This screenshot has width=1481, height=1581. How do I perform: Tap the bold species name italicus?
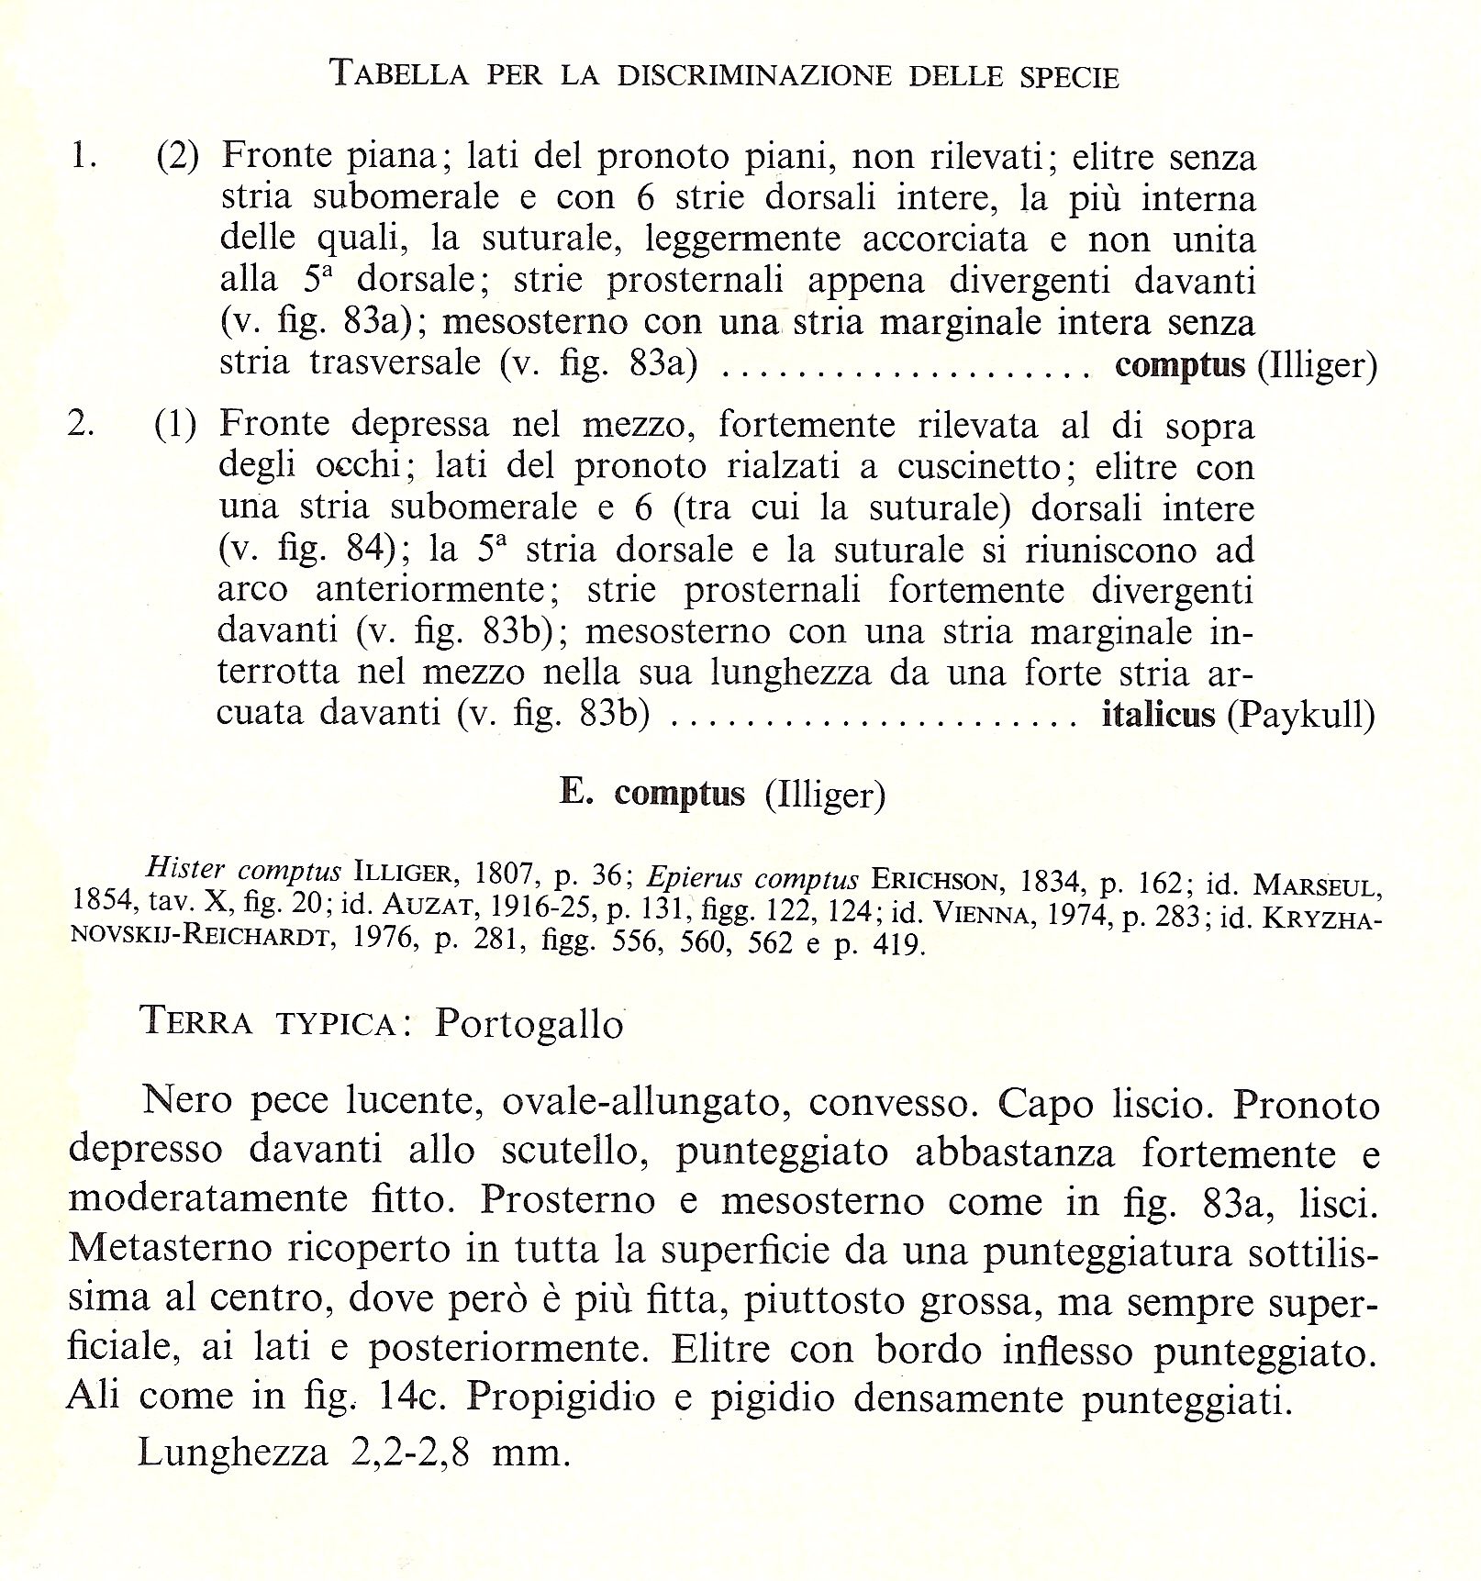point(1158,714)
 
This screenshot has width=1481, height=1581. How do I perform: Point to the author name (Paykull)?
point(1301,715)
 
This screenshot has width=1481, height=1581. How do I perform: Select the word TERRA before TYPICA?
point(197,1021)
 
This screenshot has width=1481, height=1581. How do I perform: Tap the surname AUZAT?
point(422,907)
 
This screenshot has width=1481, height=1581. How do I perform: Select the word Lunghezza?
point(233,1453)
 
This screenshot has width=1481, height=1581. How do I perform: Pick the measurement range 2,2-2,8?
point(410,1453)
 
